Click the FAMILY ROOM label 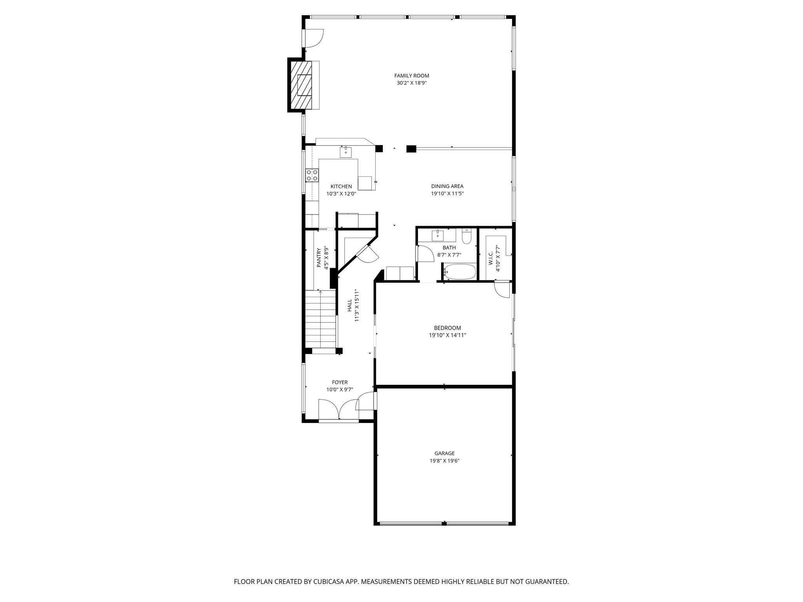coord(411,76)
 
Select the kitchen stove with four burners coord(312,175)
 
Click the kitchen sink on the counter coord(346,152)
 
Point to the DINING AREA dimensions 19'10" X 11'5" coord(447,194)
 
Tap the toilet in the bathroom coord(467,237)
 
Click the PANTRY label coord(319,257)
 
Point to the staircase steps coord(321,319)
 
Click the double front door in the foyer coord(339,410)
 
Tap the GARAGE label coord(444,453)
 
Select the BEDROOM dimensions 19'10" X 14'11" coord(447,335)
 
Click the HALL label coord(349,306)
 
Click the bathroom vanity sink coord(438,235)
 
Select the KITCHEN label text coord(341,187)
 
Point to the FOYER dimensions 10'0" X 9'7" coord(340,390)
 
